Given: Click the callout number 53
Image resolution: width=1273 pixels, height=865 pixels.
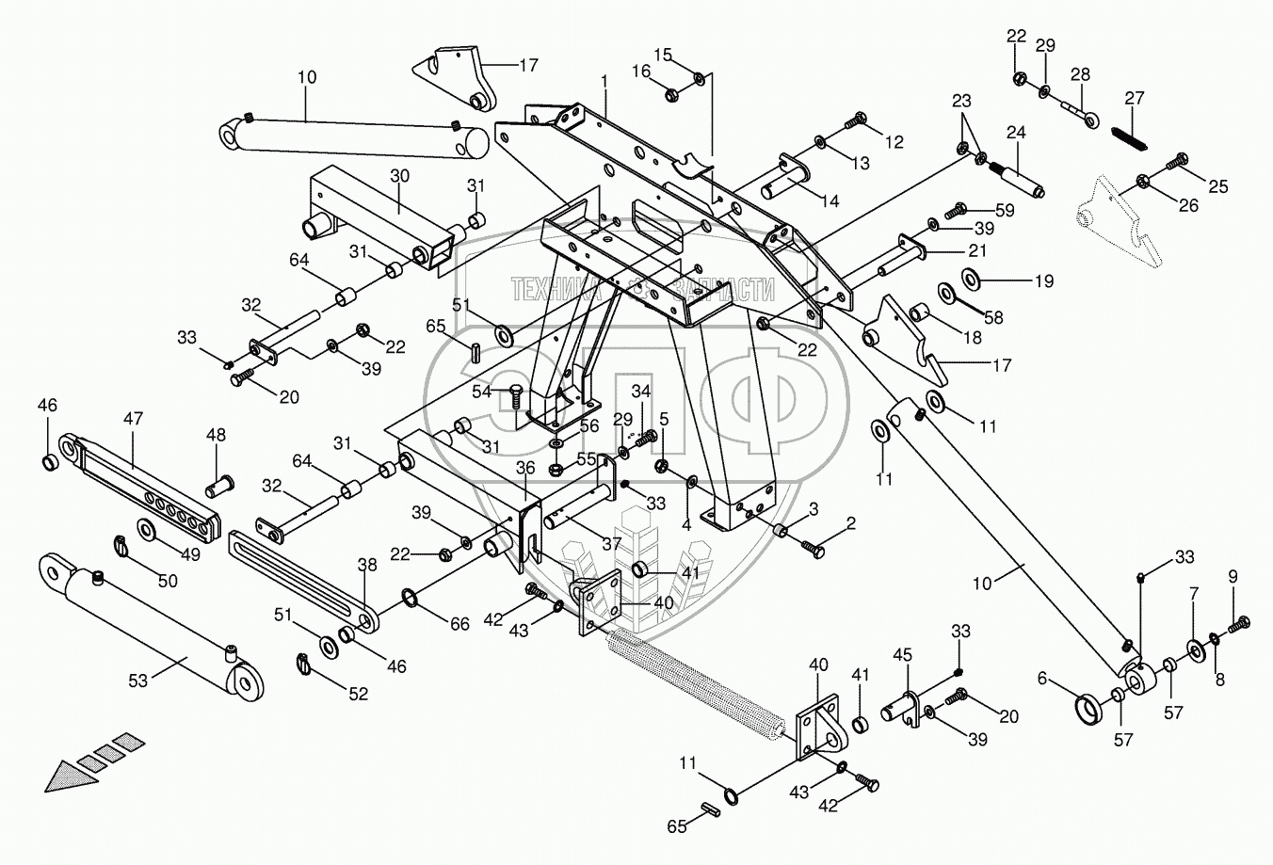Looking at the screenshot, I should click(138, 681).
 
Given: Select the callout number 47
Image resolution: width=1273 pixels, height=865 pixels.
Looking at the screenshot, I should click(133, 418).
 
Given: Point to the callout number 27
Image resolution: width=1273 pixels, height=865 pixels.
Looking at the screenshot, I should click(1135, 98).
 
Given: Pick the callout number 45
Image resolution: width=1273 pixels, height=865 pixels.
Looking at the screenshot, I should click(902, 654).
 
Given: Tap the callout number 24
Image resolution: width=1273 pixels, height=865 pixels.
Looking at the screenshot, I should click(1015, 133).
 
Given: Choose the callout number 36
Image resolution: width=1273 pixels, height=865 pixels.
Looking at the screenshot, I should click(525, 468).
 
